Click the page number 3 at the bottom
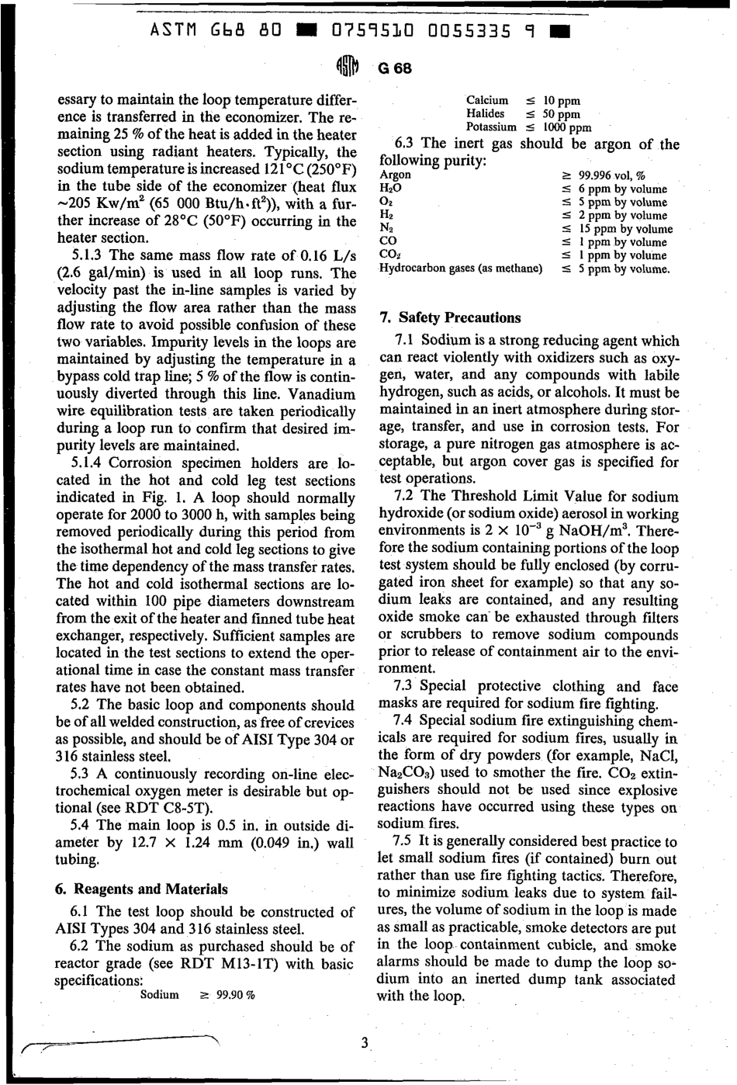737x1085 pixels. (x=364, y=1042)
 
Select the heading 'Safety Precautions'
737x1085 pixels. (x=449, y=317)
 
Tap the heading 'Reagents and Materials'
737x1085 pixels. (x=143, y=889)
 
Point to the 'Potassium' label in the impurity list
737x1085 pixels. (x=491, y=127)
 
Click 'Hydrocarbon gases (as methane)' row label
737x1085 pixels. (x=460, y=269)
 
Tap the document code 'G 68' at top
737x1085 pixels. (x=394, y=68)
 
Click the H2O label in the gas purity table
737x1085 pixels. (x=389, y=189)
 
